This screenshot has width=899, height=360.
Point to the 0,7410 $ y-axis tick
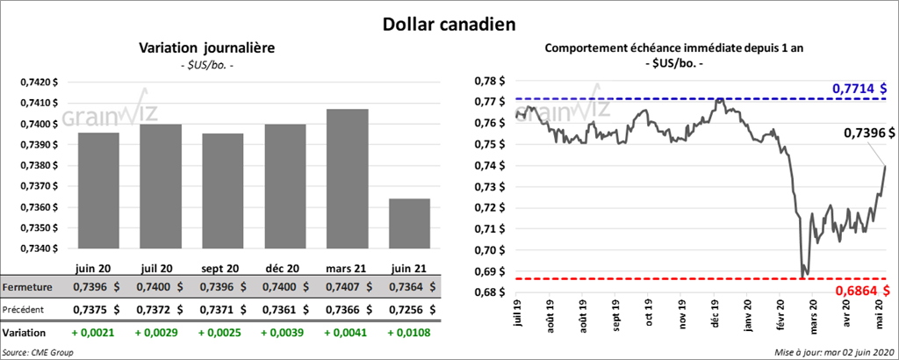click(39, 103)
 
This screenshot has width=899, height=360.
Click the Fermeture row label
click(29, 287)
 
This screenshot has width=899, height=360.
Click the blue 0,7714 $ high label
click(859, 88)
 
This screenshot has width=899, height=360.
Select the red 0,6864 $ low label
click(859, 291)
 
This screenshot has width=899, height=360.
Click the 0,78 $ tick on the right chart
click(489, 81)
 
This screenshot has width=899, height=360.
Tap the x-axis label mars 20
click(816, 315)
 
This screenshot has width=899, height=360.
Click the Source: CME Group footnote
click(38, 351)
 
